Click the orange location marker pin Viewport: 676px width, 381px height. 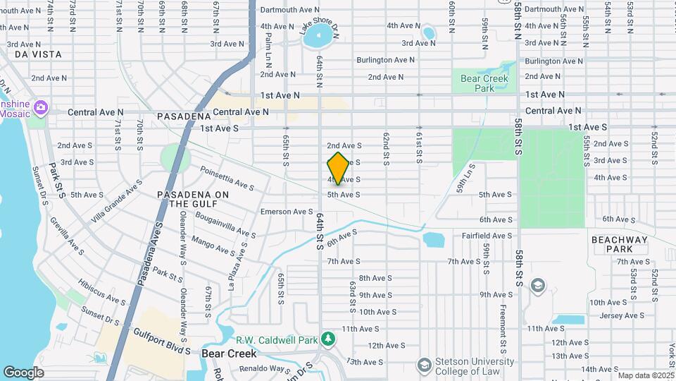click(x=338, y=169)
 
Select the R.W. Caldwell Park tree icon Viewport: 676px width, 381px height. click(x=327, y=339)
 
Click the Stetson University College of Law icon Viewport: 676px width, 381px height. click(x=424, y=364)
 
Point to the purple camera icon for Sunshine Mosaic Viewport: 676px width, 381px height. click(x=42, y=107)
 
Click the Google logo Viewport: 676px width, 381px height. click(x=23, y=372)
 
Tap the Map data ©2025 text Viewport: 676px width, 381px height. click(x=645, y=375)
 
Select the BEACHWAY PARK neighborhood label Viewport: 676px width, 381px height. click(x=619, y=245)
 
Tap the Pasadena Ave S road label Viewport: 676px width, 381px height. click(x=150, y=250)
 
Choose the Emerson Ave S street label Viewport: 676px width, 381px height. click(x=287, y=211)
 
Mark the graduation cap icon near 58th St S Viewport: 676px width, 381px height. click(x=538, y=284)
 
